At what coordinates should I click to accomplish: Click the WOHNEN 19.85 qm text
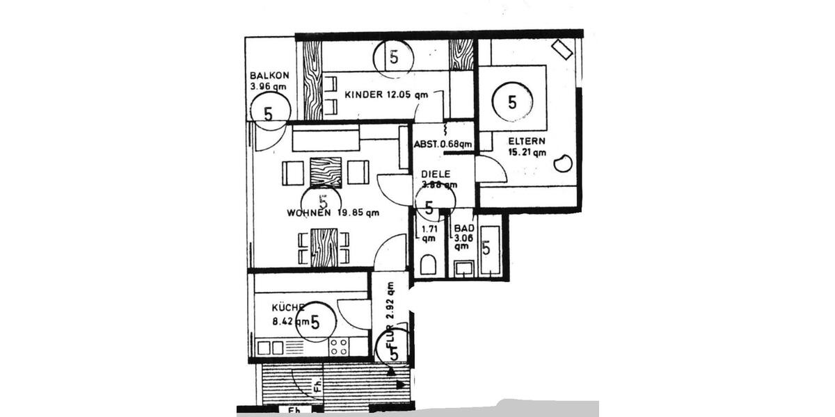(333, 213)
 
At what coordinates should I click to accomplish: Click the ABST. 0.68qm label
(443, 145)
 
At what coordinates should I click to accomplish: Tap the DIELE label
(436, 174)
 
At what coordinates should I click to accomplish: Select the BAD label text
(463, 229)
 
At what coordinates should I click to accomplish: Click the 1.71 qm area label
(426, 232)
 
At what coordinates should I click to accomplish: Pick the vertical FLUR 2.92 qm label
(391, 313)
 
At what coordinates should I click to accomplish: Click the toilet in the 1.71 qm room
(429, 265)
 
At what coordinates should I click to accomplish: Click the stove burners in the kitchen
(339, 347)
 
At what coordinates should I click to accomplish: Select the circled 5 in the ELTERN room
(513, 103)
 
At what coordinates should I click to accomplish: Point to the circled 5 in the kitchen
(315, 322)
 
